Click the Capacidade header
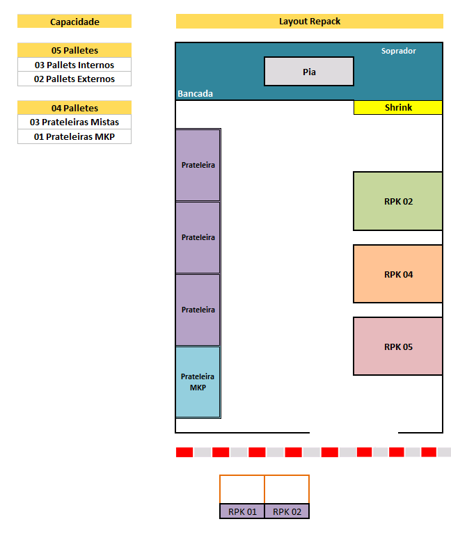[74, 21]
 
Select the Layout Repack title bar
[310, 21]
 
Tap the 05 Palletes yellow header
[74, 50]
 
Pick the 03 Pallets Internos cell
[74, 65]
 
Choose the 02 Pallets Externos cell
[74, 79]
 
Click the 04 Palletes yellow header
[74, 108]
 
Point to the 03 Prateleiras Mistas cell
[74, 122]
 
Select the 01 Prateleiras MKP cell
[74, 136]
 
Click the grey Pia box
[309, 72]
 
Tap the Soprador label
[398, 51]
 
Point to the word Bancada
[196, 93]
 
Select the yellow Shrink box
[398, 107]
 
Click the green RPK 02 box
[398, 201]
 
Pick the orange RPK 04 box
[398, 274]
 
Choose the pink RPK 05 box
[398, 347]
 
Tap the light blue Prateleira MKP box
[198, 382]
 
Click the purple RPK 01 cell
[242, 511]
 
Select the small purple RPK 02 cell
[287, 511]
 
